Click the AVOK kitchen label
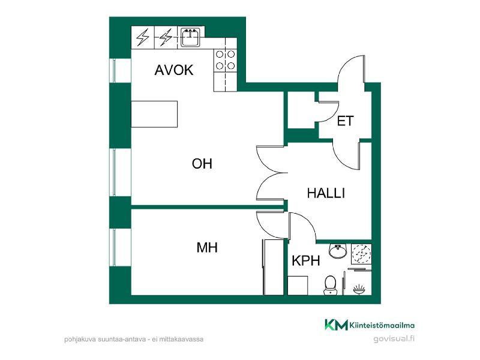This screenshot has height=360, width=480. [174, 70]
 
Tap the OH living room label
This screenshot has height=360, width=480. [202, 164]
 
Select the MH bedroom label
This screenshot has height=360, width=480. [207, 247]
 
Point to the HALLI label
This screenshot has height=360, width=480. [326, 193]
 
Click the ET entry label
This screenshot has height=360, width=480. [346, 121]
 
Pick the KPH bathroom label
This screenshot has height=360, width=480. [306, 261]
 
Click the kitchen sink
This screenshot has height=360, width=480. [190, 37]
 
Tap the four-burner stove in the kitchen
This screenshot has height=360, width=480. [226, 60]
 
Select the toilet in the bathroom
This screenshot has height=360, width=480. [330, 285]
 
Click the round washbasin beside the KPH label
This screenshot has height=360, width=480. [338, 251]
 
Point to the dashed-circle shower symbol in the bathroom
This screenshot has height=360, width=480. [361, 254]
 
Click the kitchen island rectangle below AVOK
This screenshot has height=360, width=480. [154, 114]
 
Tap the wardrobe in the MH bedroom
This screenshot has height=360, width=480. [274, 267]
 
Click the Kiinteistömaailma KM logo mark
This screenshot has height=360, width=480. [336, 325]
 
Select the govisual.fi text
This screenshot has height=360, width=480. [394, 338]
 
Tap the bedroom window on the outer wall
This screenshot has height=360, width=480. [114, 247]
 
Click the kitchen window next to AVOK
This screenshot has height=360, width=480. [114, 71]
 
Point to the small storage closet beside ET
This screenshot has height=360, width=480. [302, 110]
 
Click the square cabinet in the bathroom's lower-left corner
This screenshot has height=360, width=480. [298, 286]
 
